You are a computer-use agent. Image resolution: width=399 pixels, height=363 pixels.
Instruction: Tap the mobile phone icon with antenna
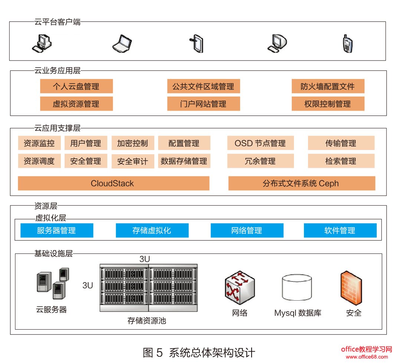click(347, 43)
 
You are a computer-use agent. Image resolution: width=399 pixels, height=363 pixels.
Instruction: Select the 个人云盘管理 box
click(76, 86)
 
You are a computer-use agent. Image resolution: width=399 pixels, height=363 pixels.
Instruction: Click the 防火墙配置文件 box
click(328, 86)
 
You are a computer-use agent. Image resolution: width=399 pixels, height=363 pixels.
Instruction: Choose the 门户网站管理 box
click(203, 104)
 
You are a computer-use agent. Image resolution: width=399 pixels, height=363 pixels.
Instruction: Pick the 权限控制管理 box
click(328, 104)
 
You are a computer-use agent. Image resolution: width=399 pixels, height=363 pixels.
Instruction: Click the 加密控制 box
click(133, 143)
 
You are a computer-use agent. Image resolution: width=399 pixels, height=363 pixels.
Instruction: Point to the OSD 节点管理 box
click(260, 143)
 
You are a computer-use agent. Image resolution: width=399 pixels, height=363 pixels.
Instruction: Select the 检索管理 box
click(341, 161)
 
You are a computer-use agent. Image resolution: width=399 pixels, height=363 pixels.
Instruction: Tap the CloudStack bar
click(113, 183)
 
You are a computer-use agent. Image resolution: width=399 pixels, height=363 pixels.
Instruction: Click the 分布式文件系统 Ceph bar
click(301, 183)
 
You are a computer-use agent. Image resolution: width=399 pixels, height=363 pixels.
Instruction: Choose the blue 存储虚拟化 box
click(152, 230)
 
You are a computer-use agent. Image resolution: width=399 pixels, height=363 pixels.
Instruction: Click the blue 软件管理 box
click(340, 230)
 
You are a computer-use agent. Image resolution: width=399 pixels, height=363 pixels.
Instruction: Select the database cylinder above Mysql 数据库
click(297, 288)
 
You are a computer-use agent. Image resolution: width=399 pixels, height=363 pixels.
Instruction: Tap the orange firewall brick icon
click(351, 288)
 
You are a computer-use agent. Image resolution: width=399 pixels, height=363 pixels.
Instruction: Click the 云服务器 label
click(52, 310)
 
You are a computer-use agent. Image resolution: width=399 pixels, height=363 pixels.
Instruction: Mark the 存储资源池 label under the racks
click(147, 320)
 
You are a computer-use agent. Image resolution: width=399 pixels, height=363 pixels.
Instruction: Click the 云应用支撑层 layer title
click(57, 128)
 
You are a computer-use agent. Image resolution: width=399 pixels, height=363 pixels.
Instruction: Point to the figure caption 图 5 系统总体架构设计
click(199, 352)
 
